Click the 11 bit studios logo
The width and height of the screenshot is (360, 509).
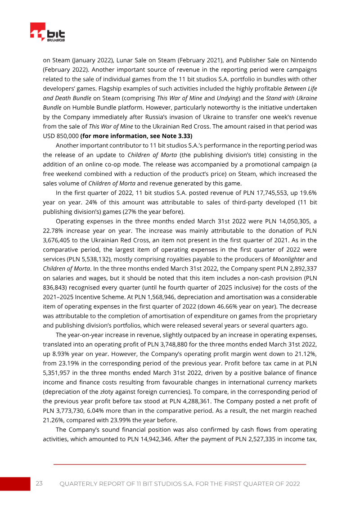pos(48,33)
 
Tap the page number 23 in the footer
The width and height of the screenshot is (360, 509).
pos(39,483)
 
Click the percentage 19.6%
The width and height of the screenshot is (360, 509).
pos(306,203)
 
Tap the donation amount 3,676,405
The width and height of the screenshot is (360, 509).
pos(61,240)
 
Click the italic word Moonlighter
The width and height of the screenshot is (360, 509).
pos(288,259)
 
